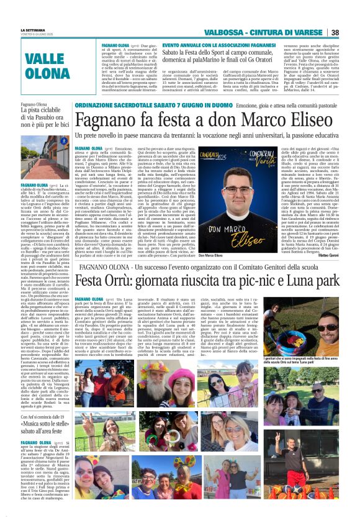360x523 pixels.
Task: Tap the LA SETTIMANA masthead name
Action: tap(32, 30)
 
